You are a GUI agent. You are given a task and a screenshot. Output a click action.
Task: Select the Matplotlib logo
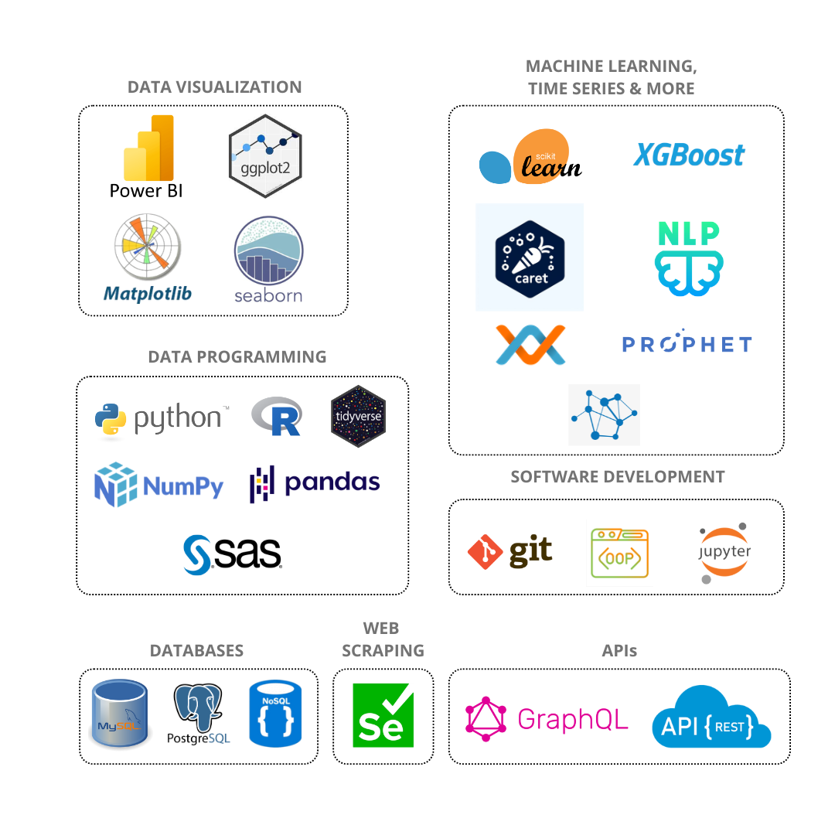[x=147, y=259]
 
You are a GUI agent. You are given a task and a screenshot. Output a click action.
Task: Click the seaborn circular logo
[x=268, y=259]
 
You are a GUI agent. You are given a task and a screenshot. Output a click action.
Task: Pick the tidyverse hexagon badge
[x=358, y=418]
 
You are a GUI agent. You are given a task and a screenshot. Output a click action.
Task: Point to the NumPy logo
[x=158, y=485]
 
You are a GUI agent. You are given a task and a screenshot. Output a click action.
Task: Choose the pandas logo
[x=315, y=483]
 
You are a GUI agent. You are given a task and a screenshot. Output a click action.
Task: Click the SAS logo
[x=233, y=554]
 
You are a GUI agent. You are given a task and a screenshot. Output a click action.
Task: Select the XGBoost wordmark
[x=689, y=155]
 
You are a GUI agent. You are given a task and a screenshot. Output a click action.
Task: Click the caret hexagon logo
[x=530, y=257]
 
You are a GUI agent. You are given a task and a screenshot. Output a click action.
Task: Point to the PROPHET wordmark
[x=687, y=344]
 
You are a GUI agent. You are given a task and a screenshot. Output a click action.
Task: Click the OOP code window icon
[x=619, y=554]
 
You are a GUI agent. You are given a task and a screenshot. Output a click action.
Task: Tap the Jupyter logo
[x=725, y=554]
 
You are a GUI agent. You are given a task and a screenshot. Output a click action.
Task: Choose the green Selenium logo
[x=383, y=716]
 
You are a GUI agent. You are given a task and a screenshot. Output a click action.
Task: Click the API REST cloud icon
[x=711, y=717]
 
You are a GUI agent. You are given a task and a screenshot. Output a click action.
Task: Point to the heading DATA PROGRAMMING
[x=237, y=357]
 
